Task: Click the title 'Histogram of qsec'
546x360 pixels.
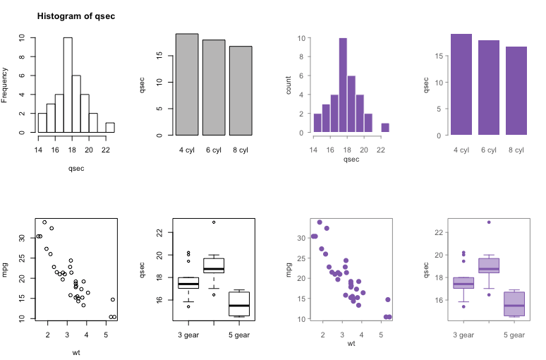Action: (x=76, y=16)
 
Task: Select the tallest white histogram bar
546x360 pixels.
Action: (x=68, y=85)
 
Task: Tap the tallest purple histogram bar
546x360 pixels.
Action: (x=343, y=85)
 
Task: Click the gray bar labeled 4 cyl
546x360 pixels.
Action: (x=187, y=85)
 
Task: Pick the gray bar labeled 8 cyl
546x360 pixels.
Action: (x=241, y=90)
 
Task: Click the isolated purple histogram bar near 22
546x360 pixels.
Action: (x=385, y=128)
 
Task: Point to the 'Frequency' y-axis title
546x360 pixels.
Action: (x=6, y=85)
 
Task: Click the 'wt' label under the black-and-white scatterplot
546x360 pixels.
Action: (x=76, y=352)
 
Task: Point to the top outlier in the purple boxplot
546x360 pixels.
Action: (x=489, y=222)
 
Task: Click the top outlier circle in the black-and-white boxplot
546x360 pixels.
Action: (x=214, y=222)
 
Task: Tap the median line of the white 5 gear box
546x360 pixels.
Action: (x=241, y=306)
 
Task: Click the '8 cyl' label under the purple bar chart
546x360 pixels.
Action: (x=516, y=150)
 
